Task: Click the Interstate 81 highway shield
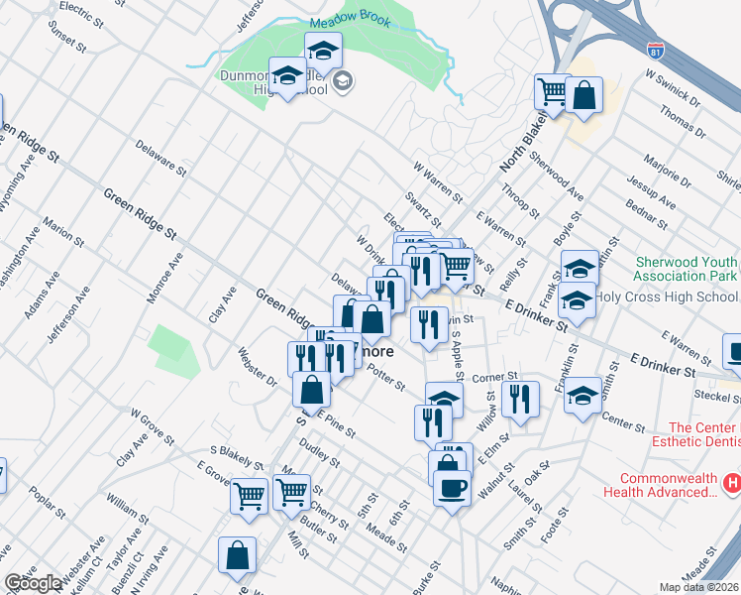[656, 49]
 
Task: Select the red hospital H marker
[731, 484]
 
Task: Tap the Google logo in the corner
[32, 583]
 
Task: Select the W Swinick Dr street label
[672, 87]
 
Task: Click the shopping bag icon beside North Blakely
[585, 97]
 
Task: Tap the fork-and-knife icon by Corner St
[519, 399]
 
